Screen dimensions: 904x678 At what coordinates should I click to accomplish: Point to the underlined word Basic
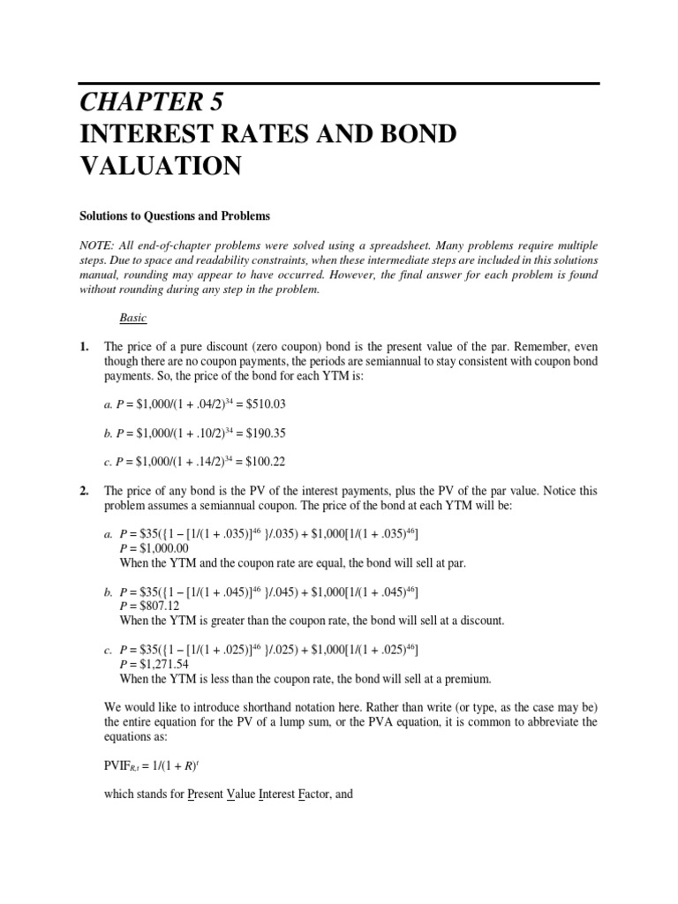point(132,319)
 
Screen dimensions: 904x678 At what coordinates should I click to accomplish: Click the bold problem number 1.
point(85,350)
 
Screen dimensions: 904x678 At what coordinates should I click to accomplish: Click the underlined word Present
point(212,795)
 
